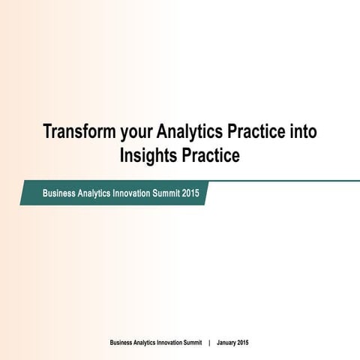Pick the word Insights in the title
(148, 156)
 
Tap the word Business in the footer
(122, 343)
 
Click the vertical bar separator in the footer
(209, 343)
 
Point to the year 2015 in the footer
(243, 343)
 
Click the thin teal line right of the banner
(285, 181)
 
